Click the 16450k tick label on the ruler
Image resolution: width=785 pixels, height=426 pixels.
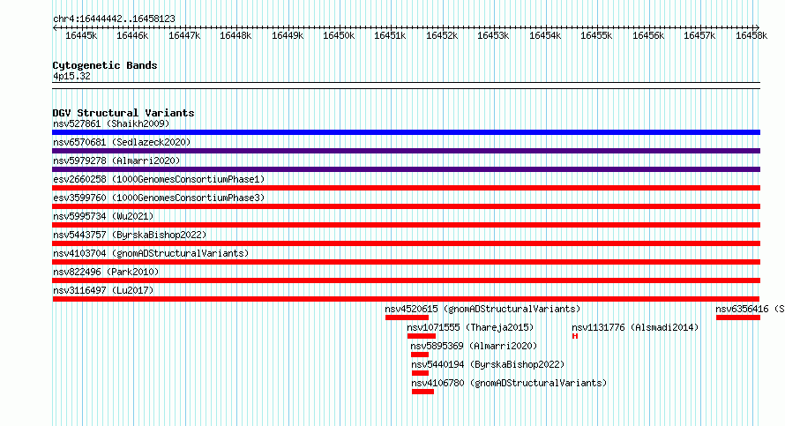pos(339,35)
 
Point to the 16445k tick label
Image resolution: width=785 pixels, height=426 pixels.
pos(81,35)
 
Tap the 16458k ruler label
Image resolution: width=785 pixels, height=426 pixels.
pos(751,35)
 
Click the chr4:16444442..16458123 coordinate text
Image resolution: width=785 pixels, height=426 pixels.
pos(114,19)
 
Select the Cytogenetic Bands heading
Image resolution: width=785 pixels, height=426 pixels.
pos(105,65)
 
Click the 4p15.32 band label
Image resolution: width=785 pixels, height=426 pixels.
pos(71,76)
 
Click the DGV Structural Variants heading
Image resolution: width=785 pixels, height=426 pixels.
pos(123,113)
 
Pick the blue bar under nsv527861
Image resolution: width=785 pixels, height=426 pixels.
pos(406,132)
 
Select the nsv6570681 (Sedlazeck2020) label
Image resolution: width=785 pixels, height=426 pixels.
pos(122,142)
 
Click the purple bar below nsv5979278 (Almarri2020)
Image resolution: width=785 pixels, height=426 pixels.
pos(406,169)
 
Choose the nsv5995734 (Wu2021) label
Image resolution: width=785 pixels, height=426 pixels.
pos(103,216)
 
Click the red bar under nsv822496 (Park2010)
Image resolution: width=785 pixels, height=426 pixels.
pos(406,280)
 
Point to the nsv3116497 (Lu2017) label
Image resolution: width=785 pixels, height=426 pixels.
pos(103,290)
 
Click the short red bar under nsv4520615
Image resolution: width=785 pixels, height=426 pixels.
pos(407,318)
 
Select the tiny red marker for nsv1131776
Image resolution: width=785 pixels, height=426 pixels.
pos(575,336)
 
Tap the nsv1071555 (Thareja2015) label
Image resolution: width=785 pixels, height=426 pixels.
pos(470,327)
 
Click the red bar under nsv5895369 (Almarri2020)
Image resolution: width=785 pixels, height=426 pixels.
pos(420,355)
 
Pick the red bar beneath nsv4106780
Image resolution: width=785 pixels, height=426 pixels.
pos(422,392)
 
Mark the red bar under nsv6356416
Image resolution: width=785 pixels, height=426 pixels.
pos(738,318)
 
